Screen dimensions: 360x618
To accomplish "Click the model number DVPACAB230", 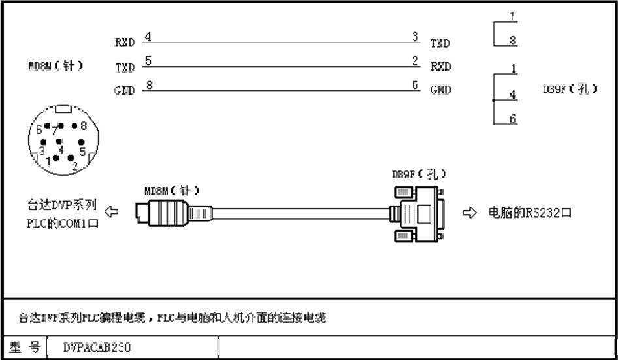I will (x=97, y=348).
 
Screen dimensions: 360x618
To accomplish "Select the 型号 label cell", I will (x=24, y=348).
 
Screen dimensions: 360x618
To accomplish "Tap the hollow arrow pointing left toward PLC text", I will (x=112, y=212).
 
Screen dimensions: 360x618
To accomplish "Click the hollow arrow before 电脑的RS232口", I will (x=470, y=213).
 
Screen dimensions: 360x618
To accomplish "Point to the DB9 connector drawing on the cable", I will (x=419, y=214).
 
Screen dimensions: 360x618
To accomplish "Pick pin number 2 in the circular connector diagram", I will (x=74, y=166).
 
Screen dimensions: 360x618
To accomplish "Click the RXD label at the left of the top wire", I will (x=125, y=43).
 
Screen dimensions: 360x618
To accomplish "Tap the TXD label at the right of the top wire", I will (x=440, y=44).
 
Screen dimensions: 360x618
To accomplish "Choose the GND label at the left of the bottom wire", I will (x=125, y=91).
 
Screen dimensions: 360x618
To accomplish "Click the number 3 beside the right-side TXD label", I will (x=415, y=37).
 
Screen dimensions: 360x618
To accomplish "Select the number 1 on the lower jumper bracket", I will (x=514, y=69).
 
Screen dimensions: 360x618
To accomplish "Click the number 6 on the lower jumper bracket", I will (x=513, y=119).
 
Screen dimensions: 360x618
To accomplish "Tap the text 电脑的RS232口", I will (x=529, y=213).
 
